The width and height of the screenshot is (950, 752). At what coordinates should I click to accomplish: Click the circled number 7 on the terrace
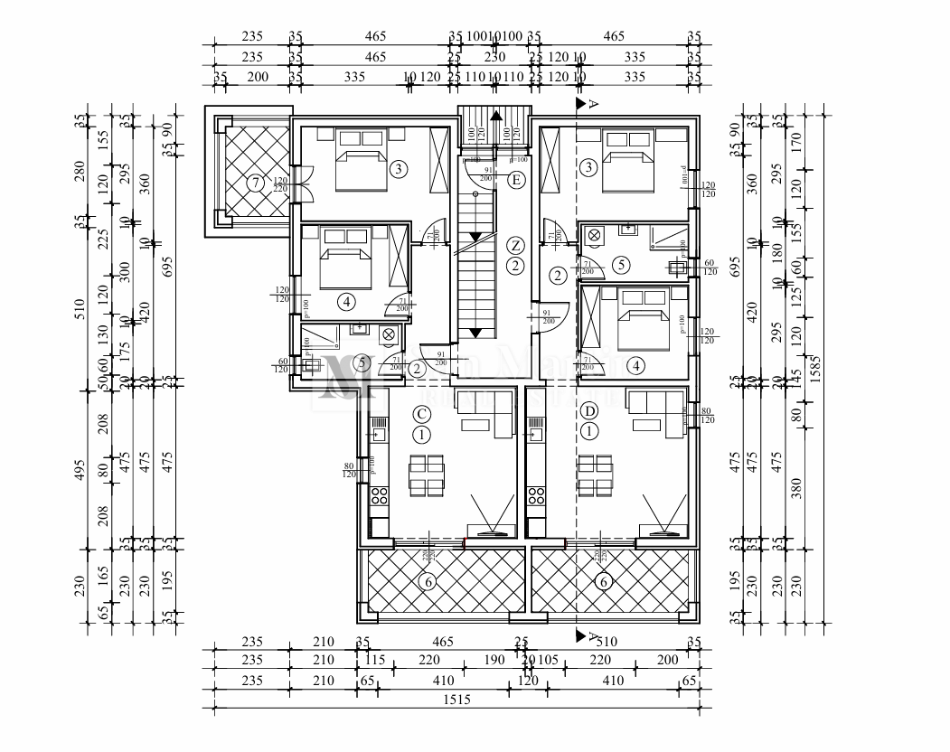point(256,183)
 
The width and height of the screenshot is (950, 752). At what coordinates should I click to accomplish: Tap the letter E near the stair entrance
point(516,180)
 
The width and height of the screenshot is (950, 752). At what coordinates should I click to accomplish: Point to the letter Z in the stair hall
point(514,245)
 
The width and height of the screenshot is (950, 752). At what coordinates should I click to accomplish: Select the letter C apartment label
point(420,413)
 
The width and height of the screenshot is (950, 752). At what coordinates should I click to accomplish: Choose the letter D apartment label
point(590,412)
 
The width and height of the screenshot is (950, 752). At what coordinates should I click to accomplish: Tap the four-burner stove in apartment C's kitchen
point(378,495)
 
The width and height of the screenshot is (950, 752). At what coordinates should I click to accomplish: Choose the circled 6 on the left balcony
point(428,582)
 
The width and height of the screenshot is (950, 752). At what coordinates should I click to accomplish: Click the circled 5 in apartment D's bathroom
point(619,265)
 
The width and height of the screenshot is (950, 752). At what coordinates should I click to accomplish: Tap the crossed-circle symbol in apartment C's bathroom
point(389,334)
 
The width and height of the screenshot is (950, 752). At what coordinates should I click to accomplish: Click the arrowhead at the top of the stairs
point(494,115)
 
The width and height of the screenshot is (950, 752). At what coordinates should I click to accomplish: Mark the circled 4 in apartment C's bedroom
point(347,301)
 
